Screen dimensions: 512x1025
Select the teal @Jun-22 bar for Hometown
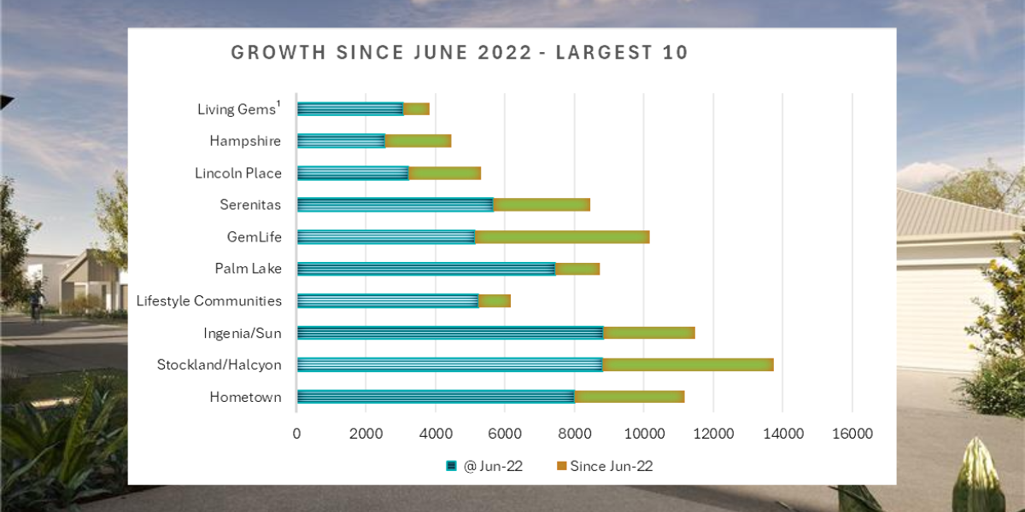(x=436, y=397)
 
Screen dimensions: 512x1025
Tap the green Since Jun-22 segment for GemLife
(x=561, y=236)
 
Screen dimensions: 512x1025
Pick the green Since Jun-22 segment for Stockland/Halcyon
(x=688, y=364)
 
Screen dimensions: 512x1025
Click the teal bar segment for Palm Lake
(x=425, y=269)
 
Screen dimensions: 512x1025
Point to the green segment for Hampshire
(x=418, y=141)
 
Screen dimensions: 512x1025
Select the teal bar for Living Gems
(x=350, y=108)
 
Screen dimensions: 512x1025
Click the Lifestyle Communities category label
(x=208, y=300)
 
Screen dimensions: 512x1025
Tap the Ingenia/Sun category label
(x=242, y=333)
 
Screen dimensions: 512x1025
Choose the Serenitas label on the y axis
(x=250, y=205)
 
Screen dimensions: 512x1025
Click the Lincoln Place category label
(x=237, y=173)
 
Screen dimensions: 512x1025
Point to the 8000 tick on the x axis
(x=574, y=433)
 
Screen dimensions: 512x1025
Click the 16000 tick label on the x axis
(x=852, y=433)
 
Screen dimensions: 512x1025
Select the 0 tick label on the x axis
(x=296, y=433)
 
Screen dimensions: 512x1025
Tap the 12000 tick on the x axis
(x=713, y=433)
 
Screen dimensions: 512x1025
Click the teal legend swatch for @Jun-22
(x=451, y=466)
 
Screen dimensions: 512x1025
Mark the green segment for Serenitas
(x=542, y=205)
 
